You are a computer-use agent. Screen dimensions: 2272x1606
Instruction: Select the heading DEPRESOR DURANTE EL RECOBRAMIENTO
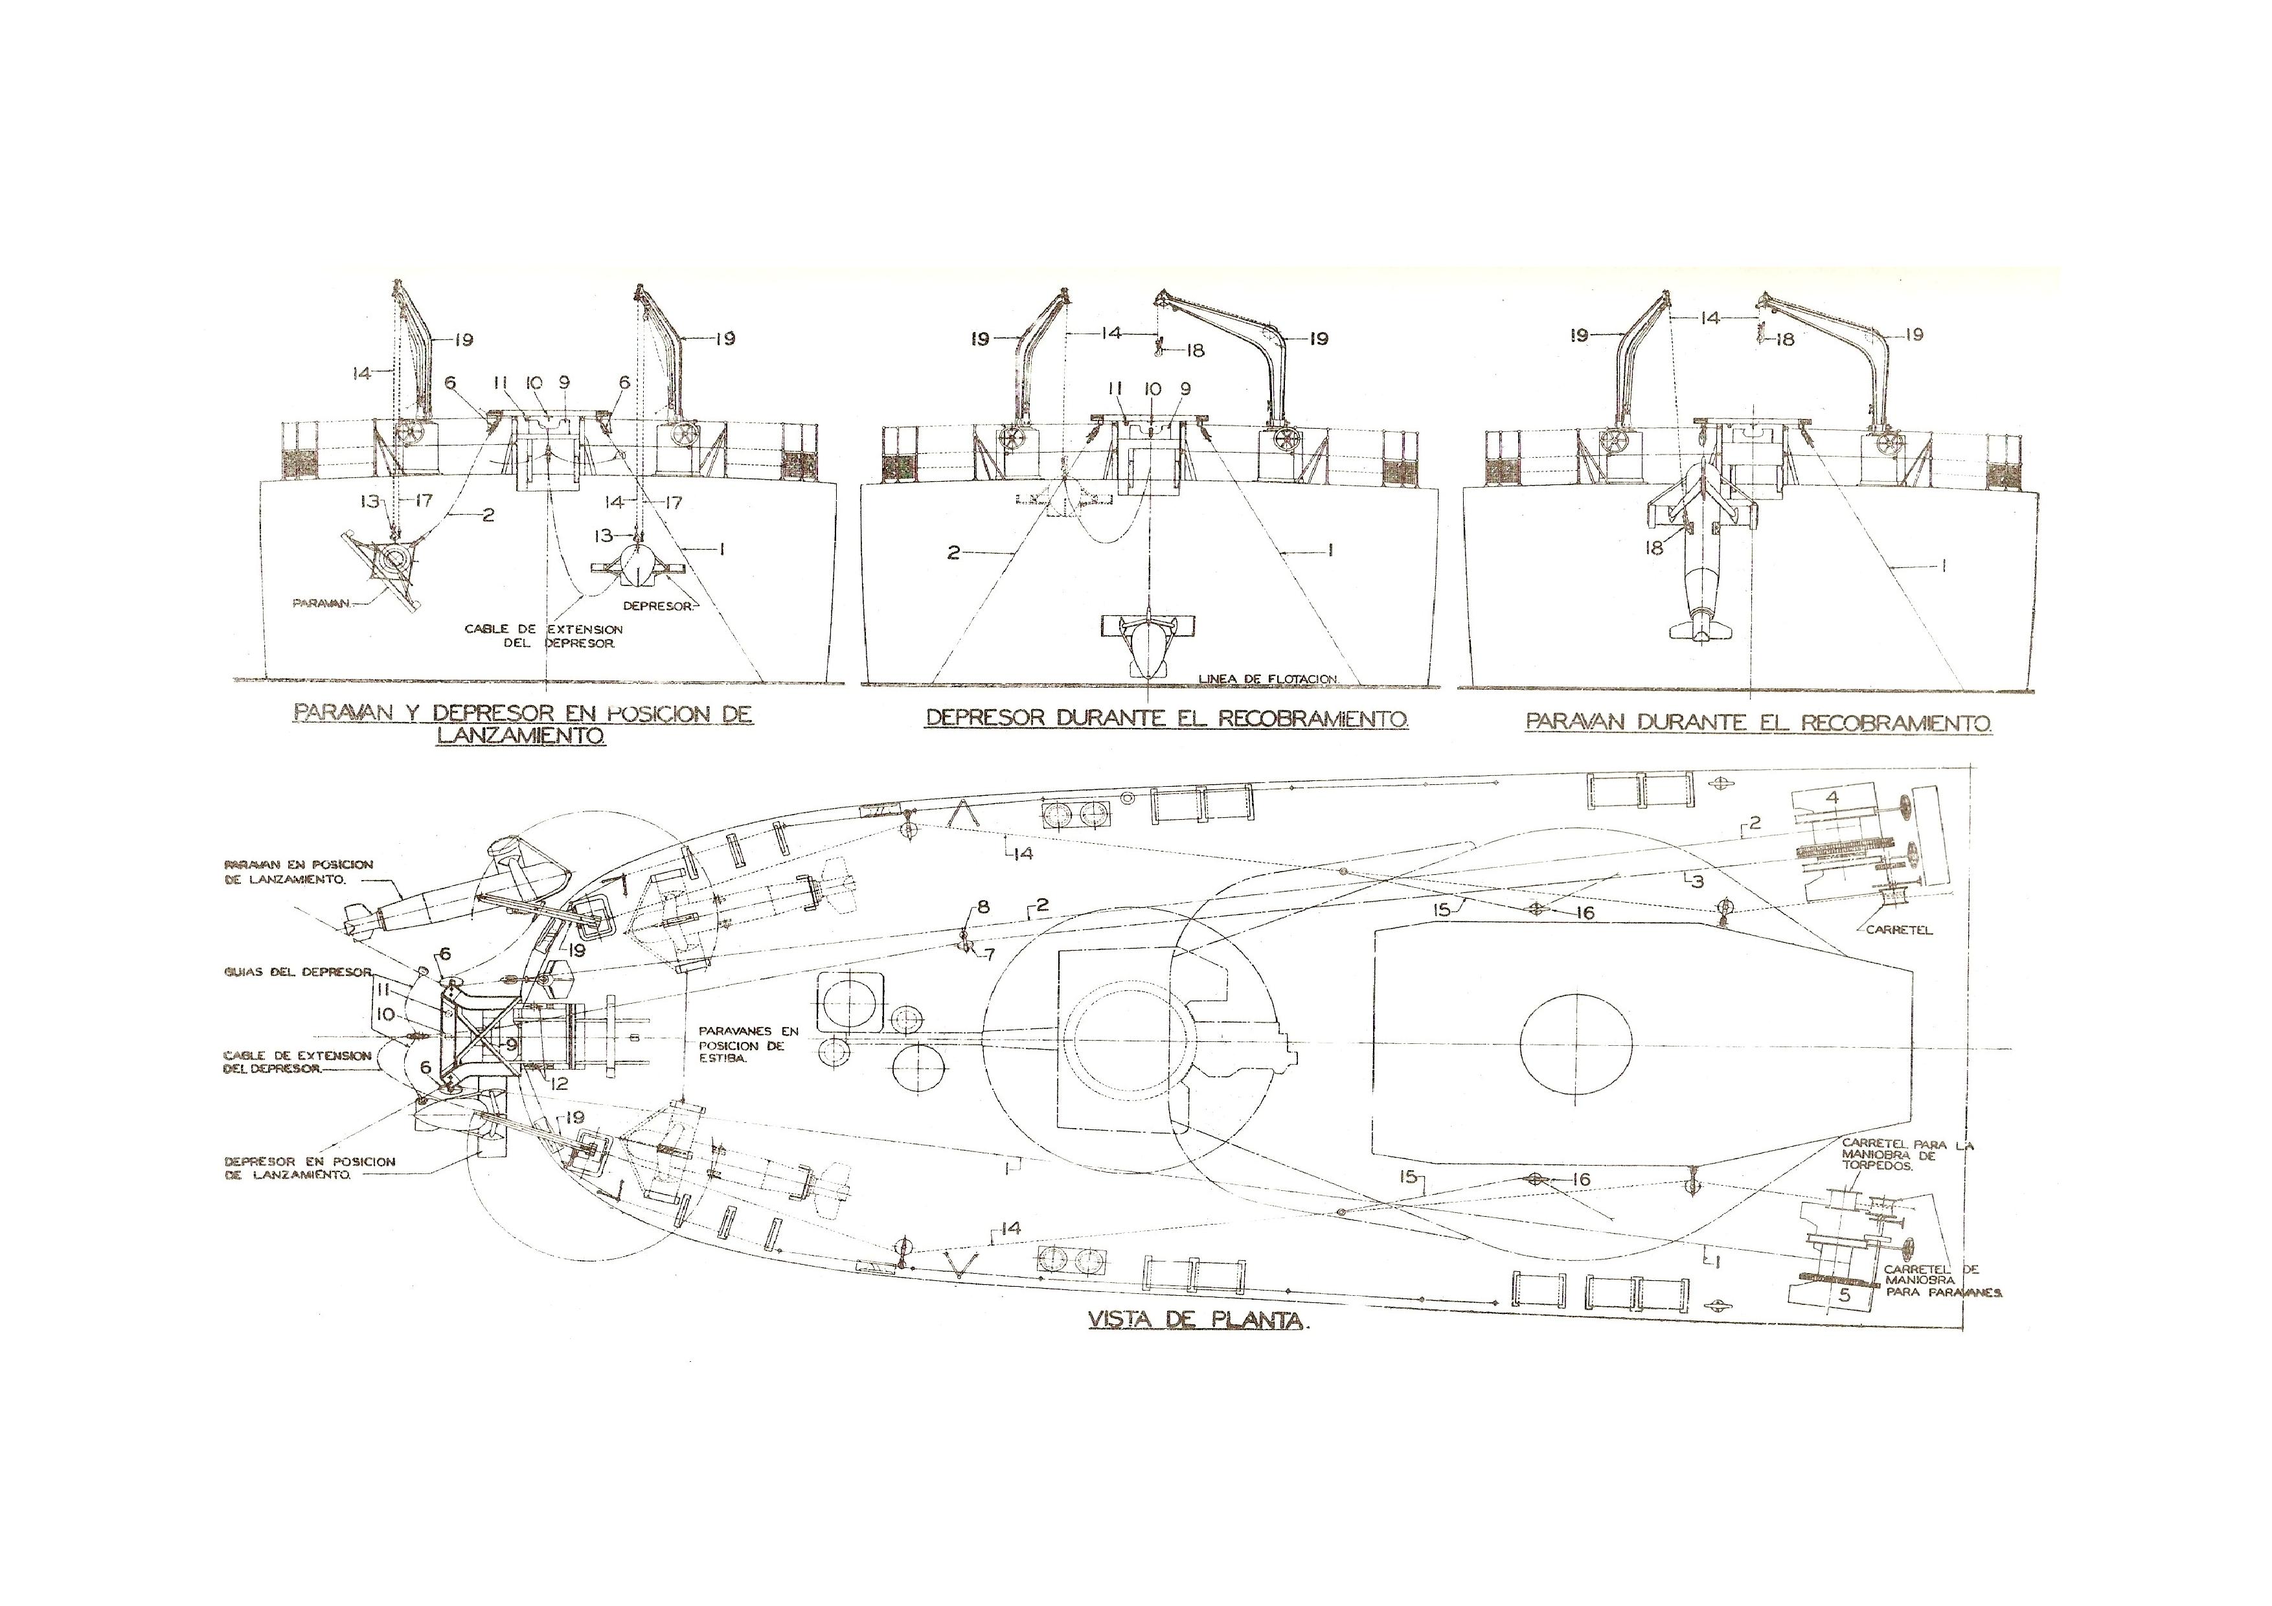(x=1166, y=718)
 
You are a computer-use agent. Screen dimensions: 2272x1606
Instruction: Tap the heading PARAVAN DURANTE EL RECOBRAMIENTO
(x=1758, y=722)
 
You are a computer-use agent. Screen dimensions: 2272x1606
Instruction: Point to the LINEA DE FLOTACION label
(x=1267, y=678)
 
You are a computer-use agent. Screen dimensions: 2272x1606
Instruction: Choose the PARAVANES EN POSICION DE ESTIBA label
(x=748, y=1044)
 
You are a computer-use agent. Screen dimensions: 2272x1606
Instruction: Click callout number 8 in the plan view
(x=983, y=907)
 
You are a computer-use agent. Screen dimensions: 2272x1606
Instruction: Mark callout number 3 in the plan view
(x=1697, y=881)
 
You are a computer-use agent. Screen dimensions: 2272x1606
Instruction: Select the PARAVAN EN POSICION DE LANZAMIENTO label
(x=299, y=872)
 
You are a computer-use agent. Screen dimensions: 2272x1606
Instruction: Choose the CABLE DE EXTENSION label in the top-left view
(x=543, y=635)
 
